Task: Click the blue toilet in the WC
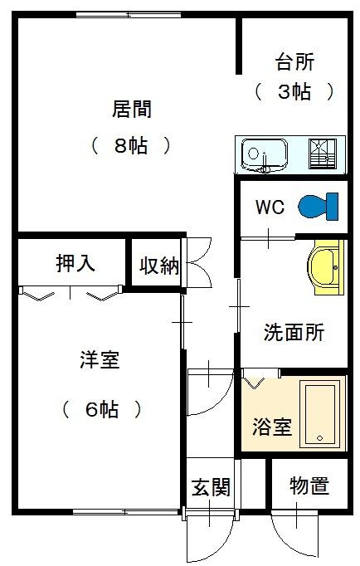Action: pyautogui.click(x=319, y=207)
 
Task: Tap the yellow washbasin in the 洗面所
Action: pyautogui.click(x=325, y=267)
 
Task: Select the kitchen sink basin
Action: pyautogui.click(x=265, y=155)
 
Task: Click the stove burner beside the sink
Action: pyautogui.click(x=323, y=154)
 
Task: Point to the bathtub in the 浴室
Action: pyautogui.click(x=319, y=414)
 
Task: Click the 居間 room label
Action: pyautogui.click(x=132, y=109)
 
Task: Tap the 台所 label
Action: pyautogui.click(x=294, y=61)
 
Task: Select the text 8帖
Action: pyautogui.click(x=131, y=146)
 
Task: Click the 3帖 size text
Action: pyautogui.click(x=294, y=91)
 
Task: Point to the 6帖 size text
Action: pyautogui.click(x=102, y=409)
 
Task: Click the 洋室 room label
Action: pyautogui.click(x=100, y=359)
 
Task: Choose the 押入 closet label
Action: pyautogui.click(x=75, y=263)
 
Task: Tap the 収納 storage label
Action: pyautogui.click(x=159, y=266)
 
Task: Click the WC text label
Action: pyautogui.click(x=270, y=207)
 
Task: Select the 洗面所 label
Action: pyautogui.click(x=294, y=332)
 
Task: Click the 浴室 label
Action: pyautogui.click(x=271, y=427)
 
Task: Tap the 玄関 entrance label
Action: pyautogui.click(x=211, y=487)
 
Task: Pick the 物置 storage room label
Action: pyautogui.click(x=309, y=485)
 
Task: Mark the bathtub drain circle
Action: pyautogui.click(x=319, y=438)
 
